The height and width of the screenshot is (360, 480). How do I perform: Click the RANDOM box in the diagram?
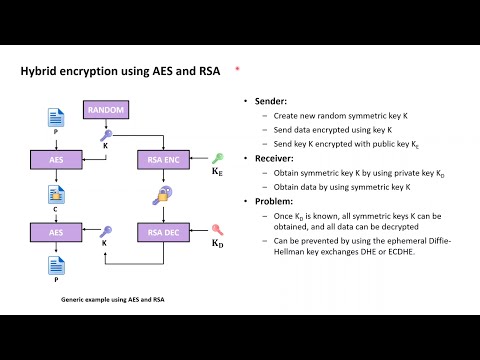tap(105, 109)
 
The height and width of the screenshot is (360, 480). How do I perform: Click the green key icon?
tap(217, 157)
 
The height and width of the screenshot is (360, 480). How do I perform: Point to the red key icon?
tap(217, 230)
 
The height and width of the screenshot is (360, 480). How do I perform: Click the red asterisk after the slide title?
tap(237, 69)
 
